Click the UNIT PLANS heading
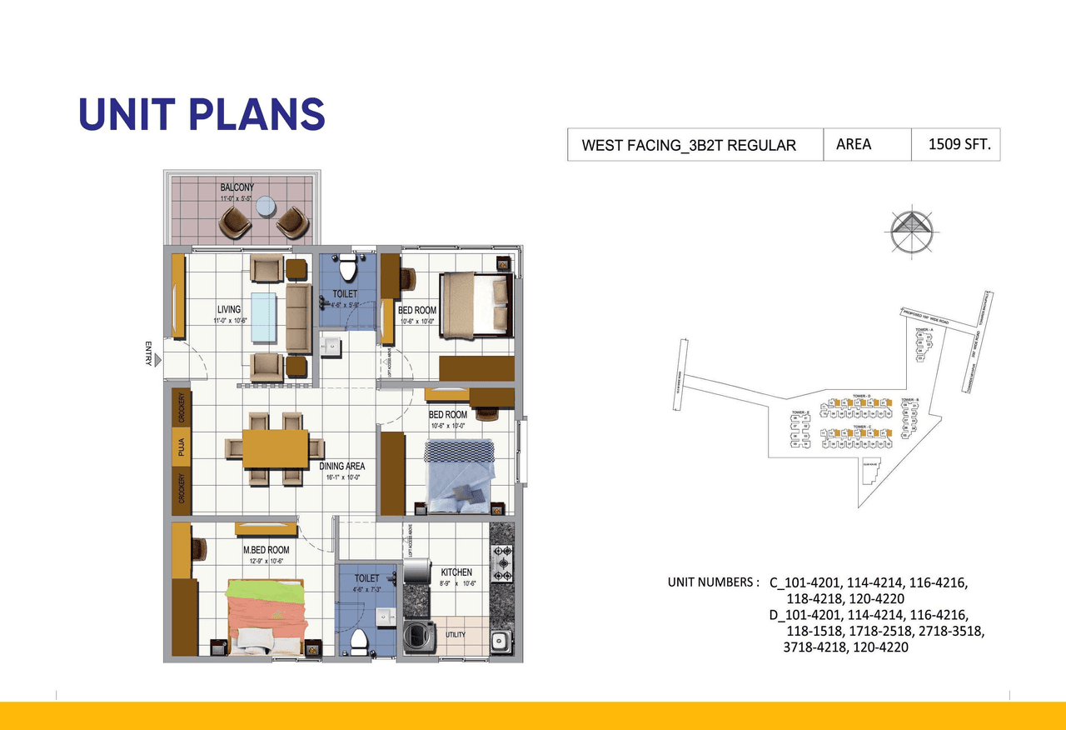[202, 114]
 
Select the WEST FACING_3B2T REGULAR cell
[688, 145]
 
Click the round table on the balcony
[264, 206]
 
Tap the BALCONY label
[237, 187]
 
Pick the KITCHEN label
[456, 572]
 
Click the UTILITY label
[456, 635]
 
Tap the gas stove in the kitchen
[504, 562]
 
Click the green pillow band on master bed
[266, 590]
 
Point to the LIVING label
[228, 310]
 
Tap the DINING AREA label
[342, 467]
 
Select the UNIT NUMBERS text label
[713, 582]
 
